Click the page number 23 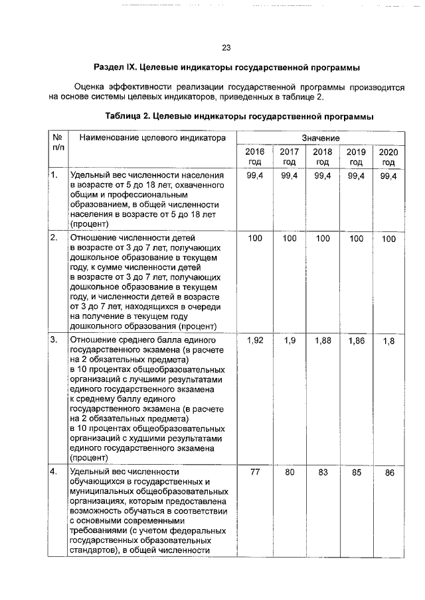(x=226, y=48)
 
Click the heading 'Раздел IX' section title (x=226, y=68)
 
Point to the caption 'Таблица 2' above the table (x=239, y=117)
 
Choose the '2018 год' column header (x=323, y=156)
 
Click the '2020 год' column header (x=388, y=156)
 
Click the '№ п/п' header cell (x=57, y=142)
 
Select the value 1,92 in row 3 (x=255, y=340)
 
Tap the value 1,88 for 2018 (x=323, y=340)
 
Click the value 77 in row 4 (x=255, y=472)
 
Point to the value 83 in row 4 (x=323, y=472)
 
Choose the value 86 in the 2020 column (x=389, y=473)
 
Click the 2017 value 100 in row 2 (x=289, y=237)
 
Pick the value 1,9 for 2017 (x=289, y=340)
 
